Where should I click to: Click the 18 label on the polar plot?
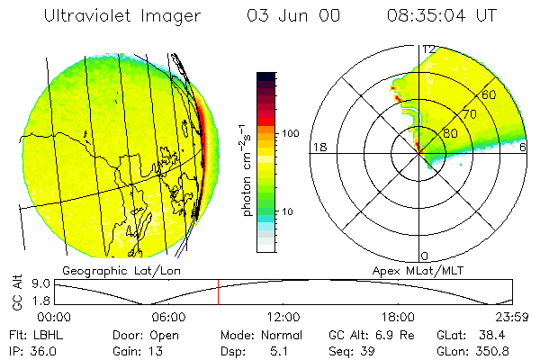(x=318, y=147)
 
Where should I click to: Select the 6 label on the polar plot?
(x=523, y=147)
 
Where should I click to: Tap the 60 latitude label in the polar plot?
(x=490, y=94)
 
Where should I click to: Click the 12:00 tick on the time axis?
(x=283, y=317)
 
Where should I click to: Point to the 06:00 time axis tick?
(x=169, y=317)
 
